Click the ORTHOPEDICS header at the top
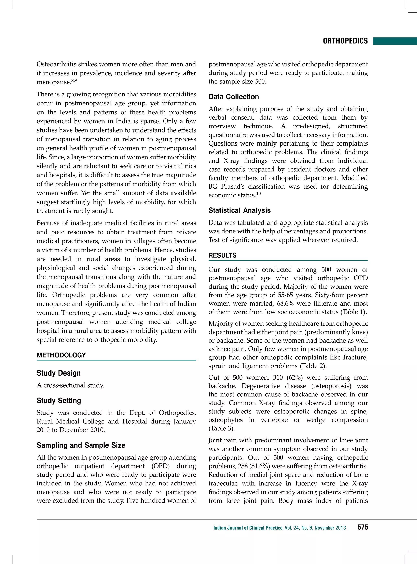coord(345,41)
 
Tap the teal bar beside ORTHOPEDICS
coord(395,41)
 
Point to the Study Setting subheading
coord(59,401)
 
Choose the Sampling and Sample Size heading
coord(81,445)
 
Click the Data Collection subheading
coord(234,97)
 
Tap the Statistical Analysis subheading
coord(239,210)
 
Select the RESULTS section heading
coord(222,255)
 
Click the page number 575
coord(362,527)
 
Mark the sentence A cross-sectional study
coord(70,385)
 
